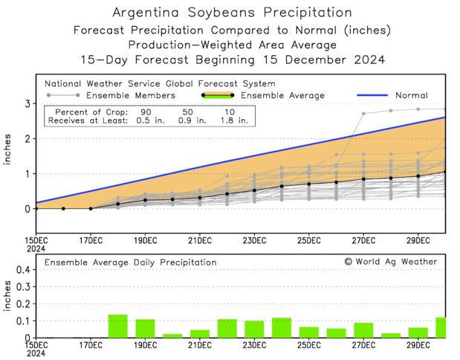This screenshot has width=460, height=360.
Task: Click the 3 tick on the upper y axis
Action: (x=26, y=103)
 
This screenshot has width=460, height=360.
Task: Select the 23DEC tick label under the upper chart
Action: (x=254, y=240)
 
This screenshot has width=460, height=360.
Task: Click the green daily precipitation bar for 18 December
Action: (x=118, y=326)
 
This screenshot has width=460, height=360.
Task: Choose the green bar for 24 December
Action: (x=282, y=327)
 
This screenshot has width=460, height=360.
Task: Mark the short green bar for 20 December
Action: (x=172, y=335)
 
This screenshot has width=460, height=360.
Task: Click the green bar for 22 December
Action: (x=227, y=328)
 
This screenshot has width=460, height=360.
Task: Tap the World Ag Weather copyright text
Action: (x=390, y=262)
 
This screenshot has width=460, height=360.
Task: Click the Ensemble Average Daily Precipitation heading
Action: (x=130, y=263)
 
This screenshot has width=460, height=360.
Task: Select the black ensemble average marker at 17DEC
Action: (x=91, y=208)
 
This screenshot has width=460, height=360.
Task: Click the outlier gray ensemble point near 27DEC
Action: (x=363, y=114)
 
